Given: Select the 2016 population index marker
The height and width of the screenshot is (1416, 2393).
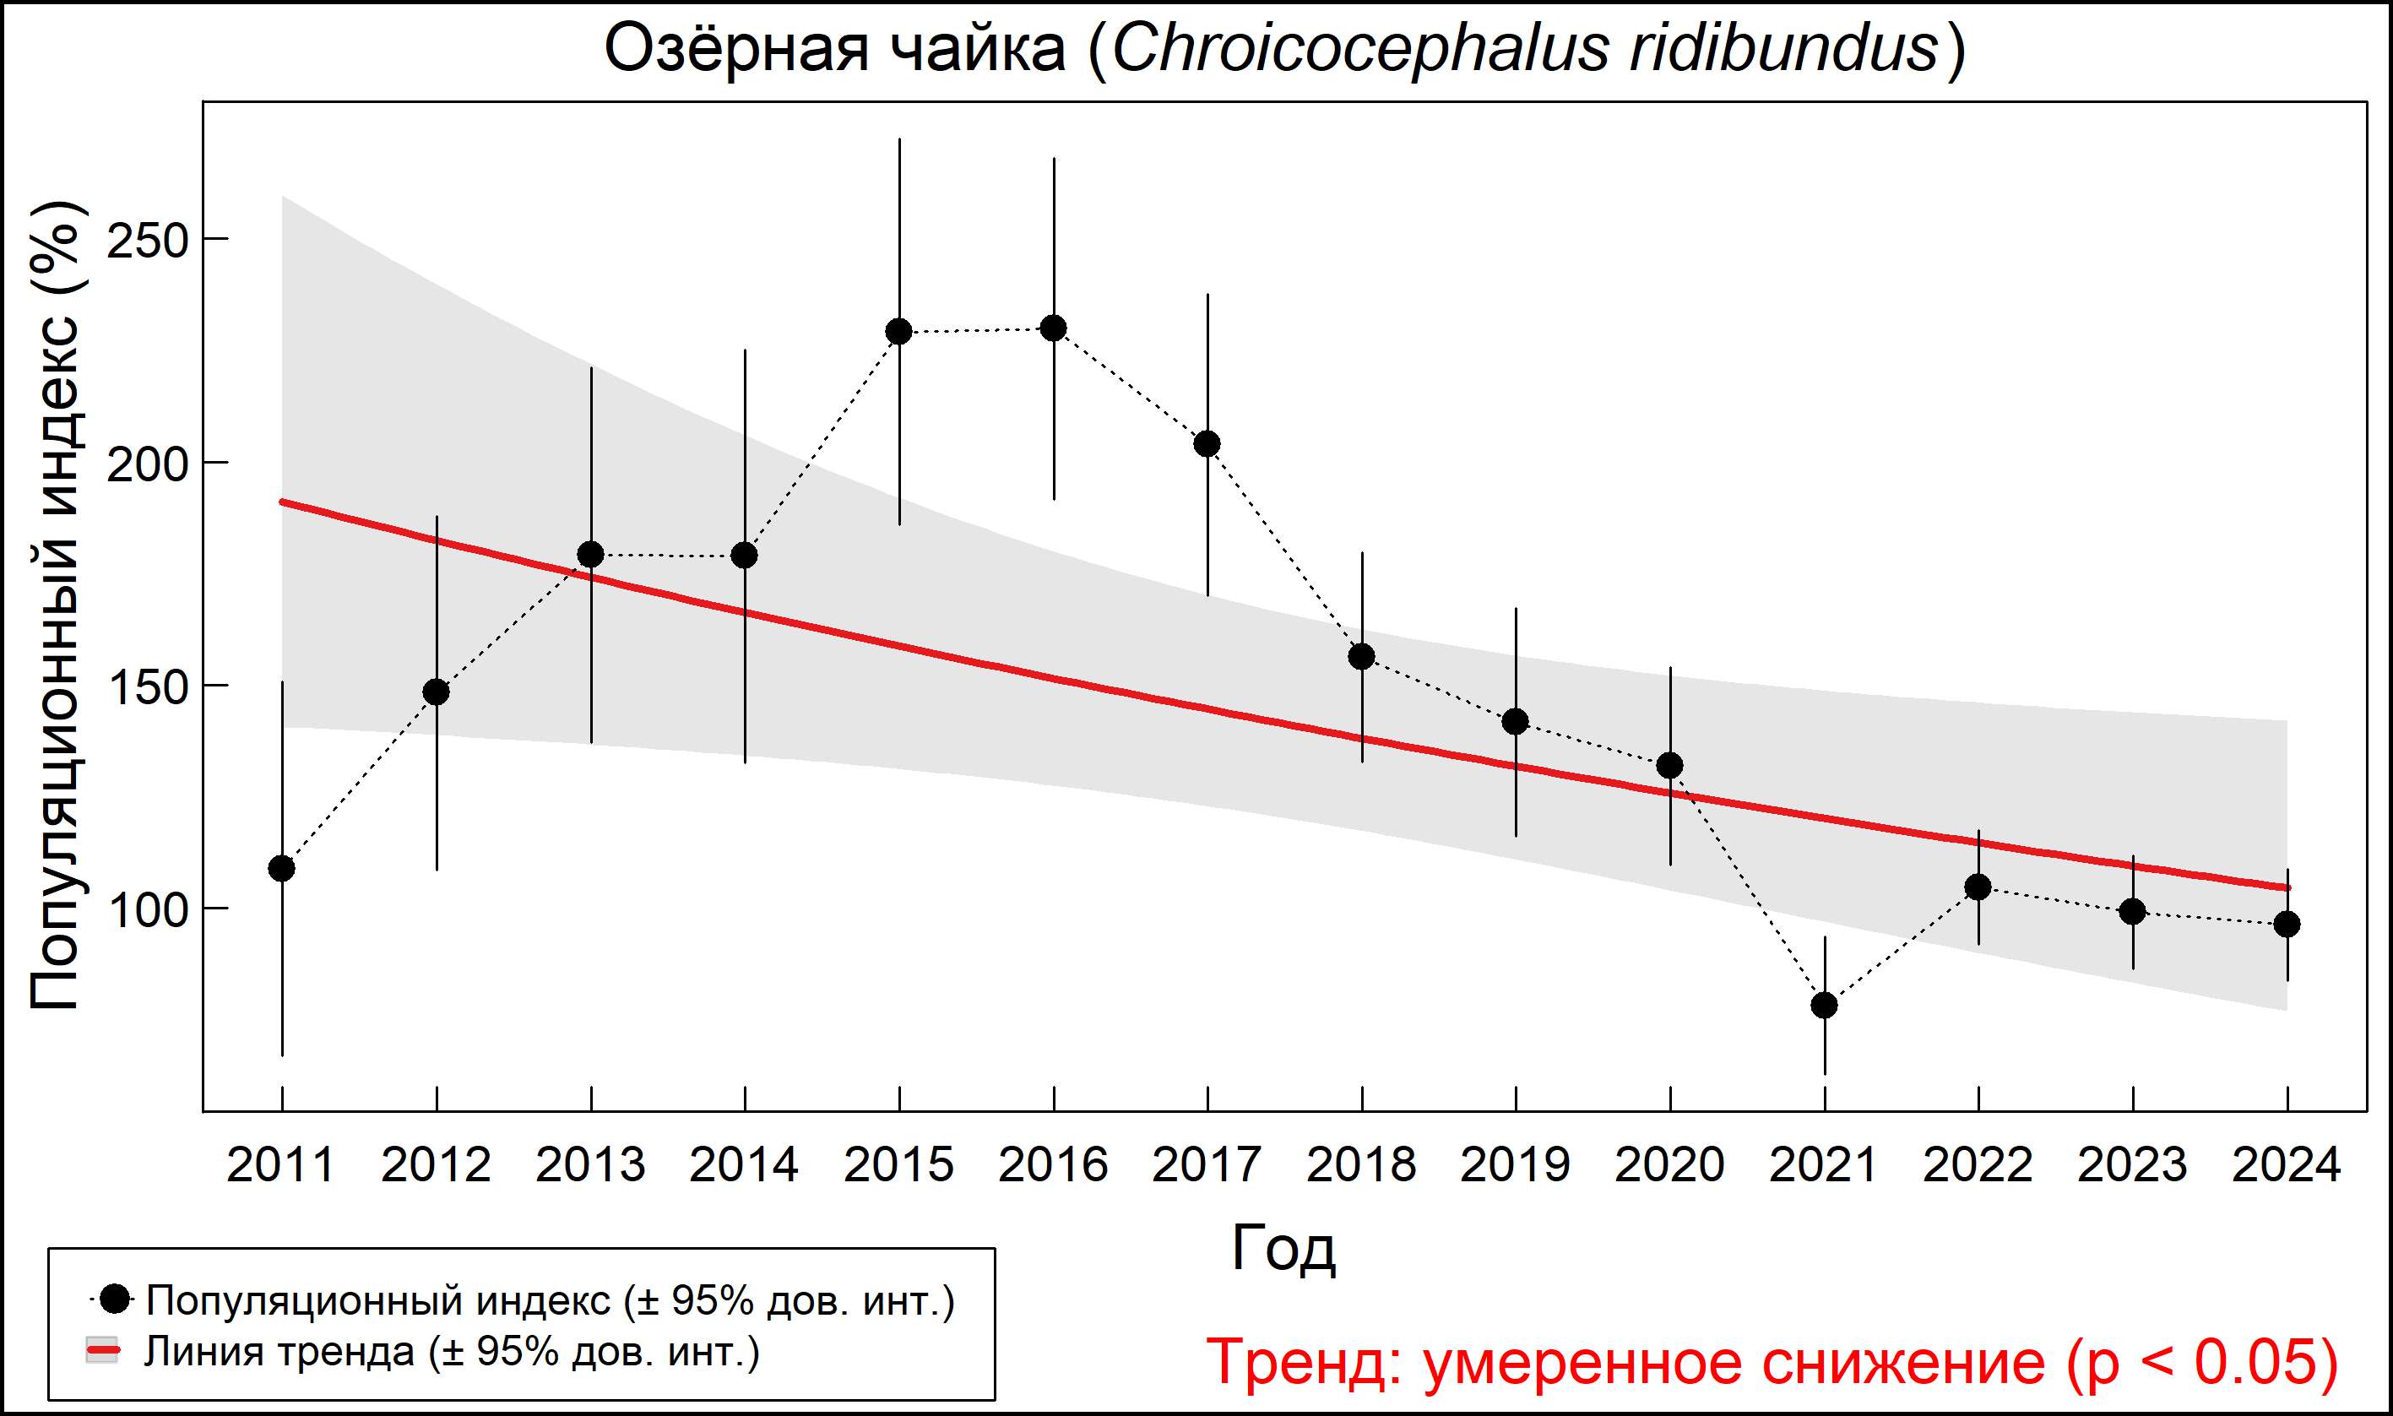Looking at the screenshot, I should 1054,328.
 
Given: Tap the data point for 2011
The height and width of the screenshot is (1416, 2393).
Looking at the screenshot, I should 281,868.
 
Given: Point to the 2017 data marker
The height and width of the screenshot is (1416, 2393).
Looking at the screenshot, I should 1207,443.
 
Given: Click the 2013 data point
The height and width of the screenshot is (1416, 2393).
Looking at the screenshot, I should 590,555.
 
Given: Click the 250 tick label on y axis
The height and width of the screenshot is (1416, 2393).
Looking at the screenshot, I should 148,241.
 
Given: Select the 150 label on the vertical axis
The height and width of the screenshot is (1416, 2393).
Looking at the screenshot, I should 148,687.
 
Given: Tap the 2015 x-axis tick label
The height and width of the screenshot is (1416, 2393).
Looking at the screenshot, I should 898,1165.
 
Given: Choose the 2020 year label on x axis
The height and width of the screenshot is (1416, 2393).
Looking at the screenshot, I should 1669,1165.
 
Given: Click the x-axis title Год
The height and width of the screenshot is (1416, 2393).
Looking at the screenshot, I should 1283,1248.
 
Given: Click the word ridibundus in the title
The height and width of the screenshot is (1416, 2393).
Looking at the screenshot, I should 1784,50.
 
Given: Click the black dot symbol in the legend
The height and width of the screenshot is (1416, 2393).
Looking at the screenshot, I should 116,1299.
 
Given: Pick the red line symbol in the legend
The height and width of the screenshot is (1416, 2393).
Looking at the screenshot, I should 102,1351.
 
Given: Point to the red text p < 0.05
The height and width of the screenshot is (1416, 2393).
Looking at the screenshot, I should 2204,1362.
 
